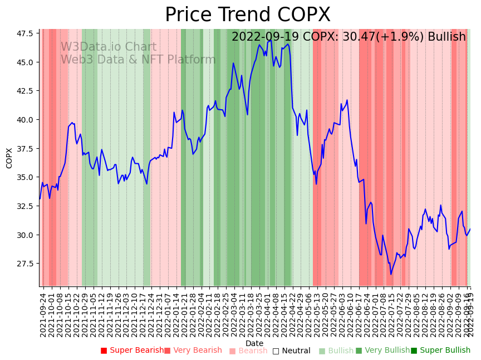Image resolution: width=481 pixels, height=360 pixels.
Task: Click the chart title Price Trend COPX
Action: coord(247,15)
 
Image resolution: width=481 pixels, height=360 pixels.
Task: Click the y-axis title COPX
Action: coord(9,158)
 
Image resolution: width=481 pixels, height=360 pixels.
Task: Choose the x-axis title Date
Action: coord(254,343)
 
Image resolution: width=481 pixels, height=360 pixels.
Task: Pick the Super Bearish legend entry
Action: coord(132,351)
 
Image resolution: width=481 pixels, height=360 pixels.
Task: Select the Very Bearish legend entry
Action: coord(193,351)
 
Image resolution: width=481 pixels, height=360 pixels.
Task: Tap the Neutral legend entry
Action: coord(291,351)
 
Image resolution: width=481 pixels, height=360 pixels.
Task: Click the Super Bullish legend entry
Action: coord(440,351)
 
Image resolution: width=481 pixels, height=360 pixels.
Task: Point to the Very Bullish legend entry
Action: coord(382,351)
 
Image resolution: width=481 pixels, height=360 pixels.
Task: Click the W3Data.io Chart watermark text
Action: coord(108,47)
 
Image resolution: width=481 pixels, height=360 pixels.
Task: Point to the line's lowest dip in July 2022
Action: coord(391,274)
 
